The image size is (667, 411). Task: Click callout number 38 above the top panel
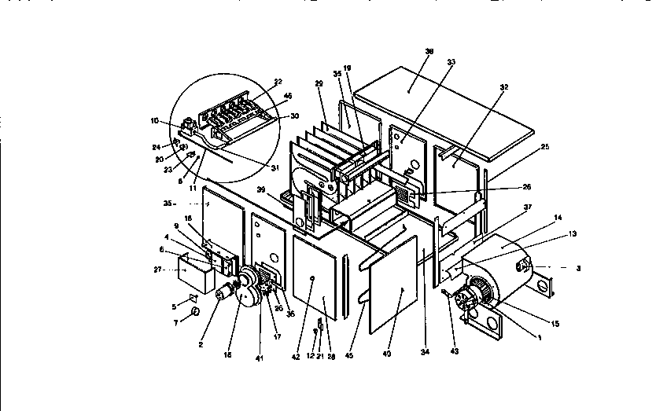[x=429, y=51]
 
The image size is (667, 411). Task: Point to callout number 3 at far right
[x=578, y=268]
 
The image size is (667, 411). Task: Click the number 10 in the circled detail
[x=155, y=120]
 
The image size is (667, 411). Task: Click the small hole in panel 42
[x=313, y=278]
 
